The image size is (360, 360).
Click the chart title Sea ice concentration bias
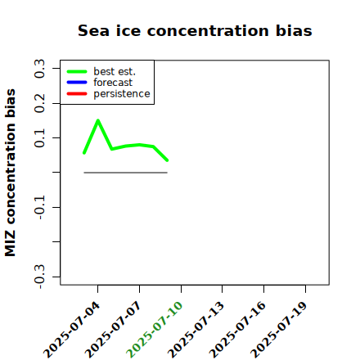(195, 30)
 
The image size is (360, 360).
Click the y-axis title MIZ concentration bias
(11, 173)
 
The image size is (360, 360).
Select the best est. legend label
(115, 71)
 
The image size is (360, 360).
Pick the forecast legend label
(113, 83)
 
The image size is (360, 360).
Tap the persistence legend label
(122, 94)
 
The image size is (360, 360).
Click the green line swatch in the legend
(77, 71)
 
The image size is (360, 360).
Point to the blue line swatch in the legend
(77, 83)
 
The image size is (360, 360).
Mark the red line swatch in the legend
(77, 94)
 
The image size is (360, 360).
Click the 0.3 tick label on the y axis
(39, 69)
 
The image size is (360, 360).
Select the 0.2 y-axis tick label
(39, 103)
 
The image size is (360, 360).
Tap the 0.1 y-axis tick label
(39, 138)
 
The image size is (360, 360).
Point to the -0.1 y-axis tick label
(39, 208)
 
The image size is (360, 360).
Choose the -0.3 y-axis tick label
(39, 277)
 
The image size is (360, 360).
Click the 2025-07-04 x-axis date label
(71, 330)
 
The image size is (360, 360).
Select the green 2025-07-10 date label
(154, 330)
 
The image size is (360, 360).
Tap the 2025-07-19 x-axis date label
(278, 330)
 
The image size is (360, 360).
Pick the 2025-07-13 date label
(196, 330)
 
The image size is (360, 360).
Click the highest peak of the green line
(98, 120)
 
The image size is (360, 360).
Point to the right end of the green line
(167, 160)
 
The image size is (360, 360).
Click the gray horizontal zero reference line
(125, 173)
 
